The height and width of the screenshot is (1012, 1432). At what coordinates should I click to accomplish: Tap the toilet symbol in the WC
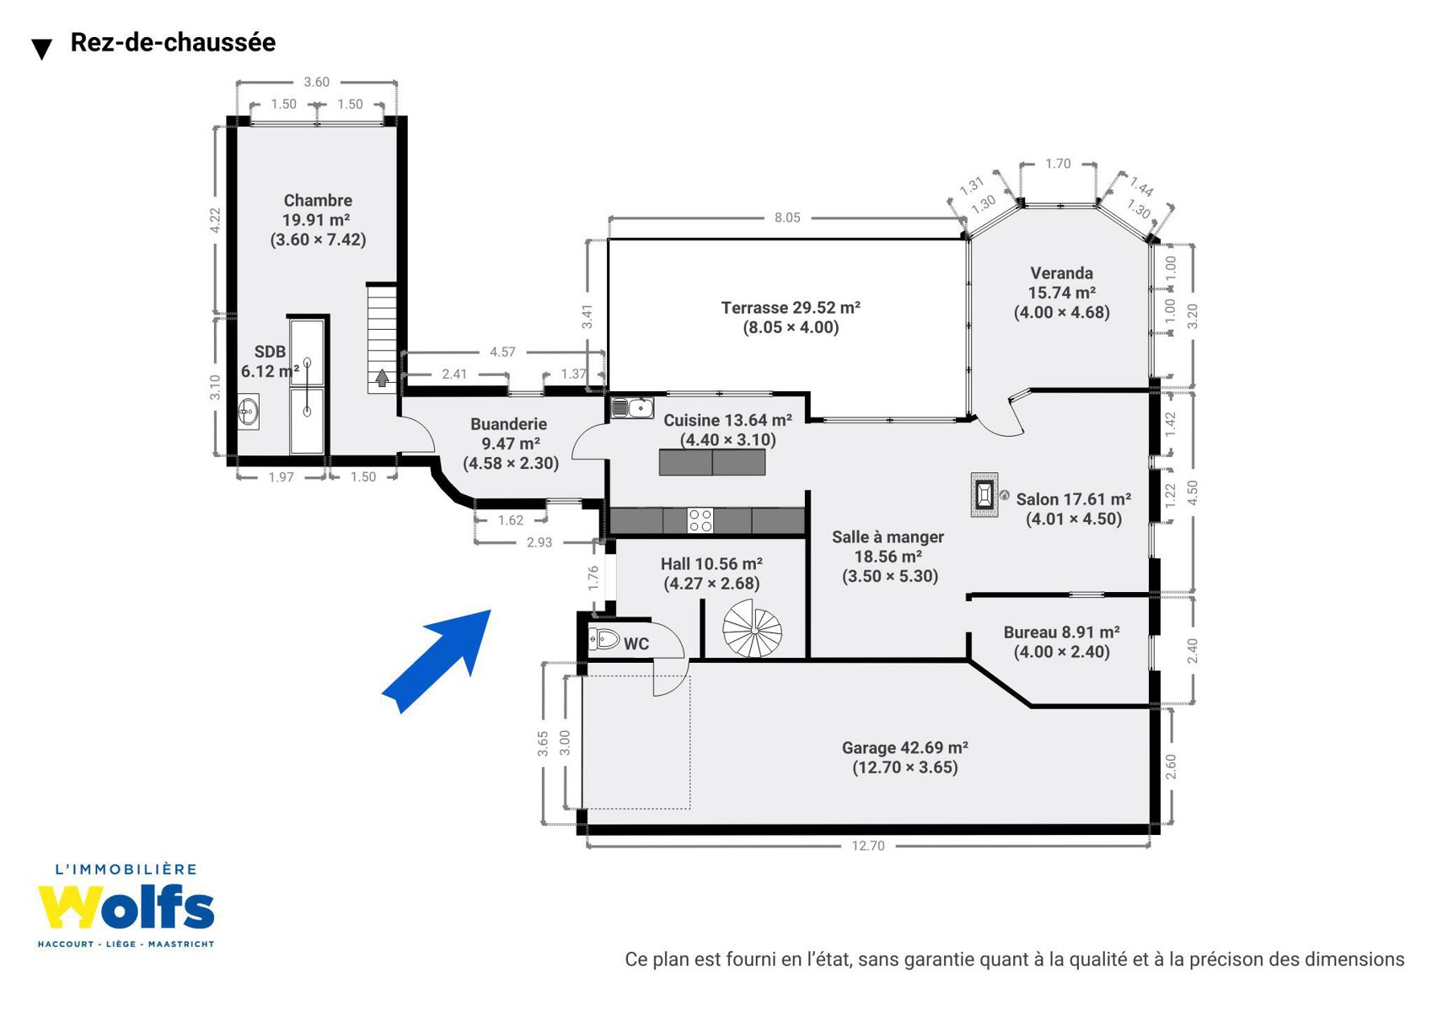click(603, 638)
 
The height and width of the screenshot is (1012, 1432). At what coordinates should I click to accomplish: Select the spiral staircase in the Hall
click(753, 629)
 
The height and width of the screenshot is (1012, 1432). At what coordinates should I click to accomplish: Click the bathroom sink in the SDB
click(248, 412)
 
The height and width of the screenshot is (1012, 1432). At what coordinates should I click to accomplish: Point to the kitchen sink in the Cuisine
click(631, 407)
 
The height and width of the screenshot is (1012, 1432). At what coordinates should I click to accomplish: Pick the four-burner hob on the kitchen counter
click(700, 520)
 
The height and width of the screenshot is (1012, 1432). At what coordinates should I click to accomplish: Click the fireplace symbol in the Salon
click(984, 494)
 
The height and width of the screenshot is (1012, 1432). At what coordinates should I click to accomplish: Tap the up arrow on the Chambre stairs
click(383, 378)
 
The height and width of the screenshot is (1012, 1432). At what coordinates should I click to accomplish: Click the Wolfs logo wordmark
click(126, 907)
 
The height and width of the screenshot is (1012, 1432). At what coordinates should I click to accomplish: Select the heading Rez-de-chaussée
click(173, 42)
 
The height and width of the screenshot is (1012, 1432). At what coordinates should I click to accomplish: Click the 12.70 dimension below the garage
click(868, 846)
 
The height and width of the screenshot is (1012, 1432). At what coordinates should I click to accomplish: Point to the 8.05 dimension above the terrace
click(787, 218)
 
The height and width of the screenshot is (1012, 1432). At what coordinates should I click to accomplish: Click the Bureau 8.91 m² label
click(1062, 632)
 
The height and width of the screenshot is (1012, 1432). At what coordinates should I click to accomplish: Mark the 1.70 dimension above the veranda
click(1058, 164)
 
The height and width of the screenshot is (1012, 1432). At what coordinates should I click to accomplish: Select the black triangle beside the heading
click(42, 49)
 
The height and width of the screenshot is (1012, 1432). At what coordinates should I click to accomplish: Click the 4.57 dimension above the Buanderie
click(502, 352)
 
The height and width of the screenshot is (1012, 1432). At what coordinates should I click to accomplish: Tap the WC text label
click(636, 643)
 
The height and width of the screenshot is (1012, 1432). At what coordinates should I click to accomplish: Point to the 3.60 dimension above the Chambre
click(316, 82)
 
